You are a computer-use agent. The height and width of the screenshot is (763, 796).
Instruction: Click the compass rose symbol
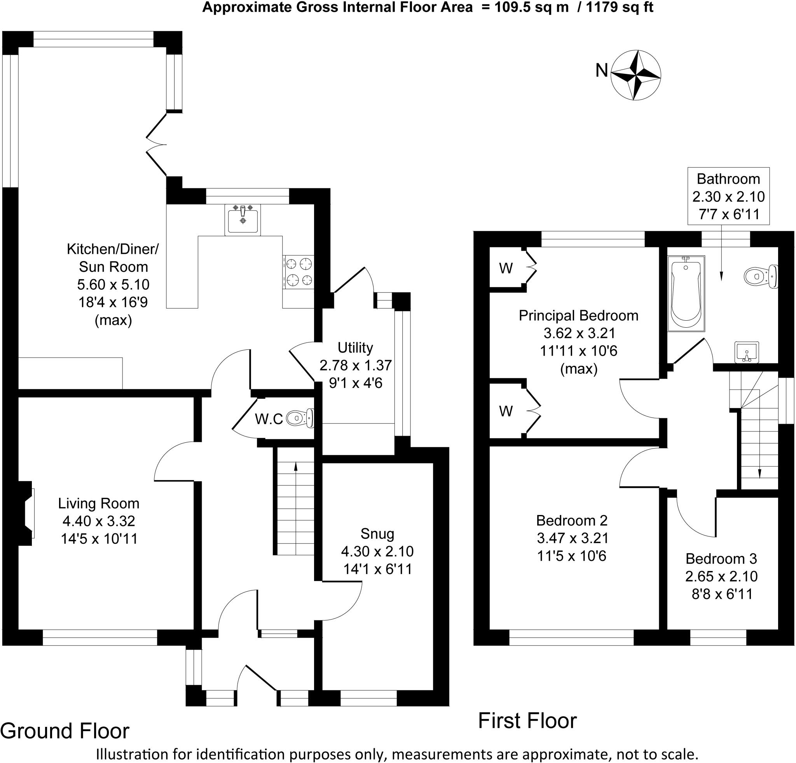(x=635, y=75)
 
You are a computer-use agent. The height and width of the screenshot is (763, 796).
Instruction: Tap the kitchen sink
(x=243, y=220)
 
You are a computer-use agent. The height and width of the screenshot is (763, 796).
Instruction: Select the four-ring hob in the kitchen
(x=298, y=272)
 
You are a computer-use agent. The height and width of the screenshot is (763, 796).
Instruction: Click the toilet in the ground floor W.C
(x=300, y=417)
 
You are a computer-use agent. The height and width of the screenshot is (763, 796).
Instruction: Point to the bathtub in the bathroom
(x=686, y=293)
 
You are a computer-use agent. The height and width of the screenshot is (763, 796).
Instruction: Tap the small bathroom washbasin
(x=747, y=352)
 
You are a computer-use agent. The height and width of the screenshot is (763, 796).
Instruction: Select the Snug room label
(x=377, y=534)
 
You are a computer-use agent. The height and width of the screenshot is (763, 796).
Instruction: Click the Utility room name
(x=355, y=347)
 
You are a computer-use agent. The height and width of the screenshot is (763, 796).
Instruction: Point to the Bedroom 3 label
(x=721, y=559)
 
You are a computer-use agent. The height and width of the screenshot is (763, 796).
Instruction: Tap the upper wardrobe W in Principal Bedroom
(x=506, y=268)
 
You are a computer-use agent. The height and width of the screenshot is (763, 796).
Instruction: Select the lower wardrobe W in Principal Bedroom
(x=506, y=411)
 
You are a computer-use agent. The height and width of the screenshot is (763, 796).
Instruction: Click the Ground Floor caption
(x=65, y=731)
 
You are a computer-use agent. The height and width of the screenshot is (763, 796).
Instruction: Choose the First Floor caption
(x=527, y=721)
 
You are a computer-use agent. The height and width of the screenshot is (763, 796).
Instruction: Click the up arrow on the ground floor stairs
(x=296, y=467)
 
